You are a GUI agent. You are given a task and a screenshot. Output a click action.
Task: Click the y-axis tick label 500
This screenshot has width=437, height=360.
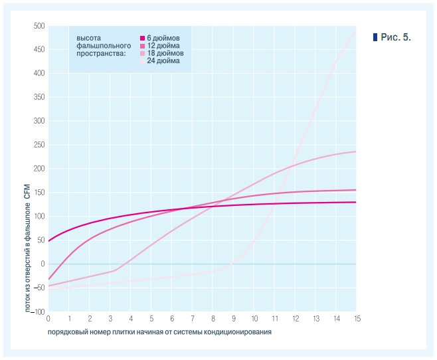(38, 26)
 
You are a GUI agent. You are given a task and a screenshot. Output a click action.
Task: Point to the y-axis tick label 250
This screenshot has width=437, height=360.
(38, 145)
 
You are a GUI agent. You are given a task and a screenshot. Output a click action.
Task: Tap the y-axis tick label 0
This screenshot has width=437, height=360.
(42, 264)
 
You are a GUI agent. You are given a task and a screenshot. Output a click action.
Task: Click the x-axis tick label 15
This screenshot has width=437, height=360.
(357, 319)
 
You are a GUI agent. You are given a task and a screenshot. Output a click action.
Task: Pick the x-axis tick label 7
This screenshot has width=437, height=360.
(193, 319)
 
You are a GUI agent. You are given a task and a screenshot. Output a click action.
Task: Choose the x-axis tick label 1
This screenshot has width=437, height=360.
(69, 319)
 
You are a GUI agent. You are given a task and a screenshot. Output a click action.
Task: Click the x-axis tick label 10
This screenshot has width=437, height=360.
(254, 319)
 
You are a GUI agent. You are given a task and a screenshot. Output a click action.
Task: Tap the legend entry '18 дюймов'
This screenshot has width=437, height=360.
(165, 53)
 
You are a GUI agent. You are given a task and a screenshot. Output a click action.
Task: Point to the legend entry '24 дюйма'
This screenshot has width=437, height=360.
(163, 60)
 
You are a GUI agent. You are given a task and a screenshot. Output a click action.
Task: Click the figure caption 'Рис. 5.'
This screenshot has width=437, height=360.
(396, 37)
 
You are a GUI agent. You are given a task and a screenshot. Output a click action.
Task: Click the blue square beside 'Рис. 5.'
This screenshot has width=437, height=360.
(376, 37)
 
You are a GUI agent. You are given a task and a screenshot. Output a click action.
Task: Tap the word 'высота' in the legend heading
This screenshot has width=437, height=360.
(88, 39)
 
